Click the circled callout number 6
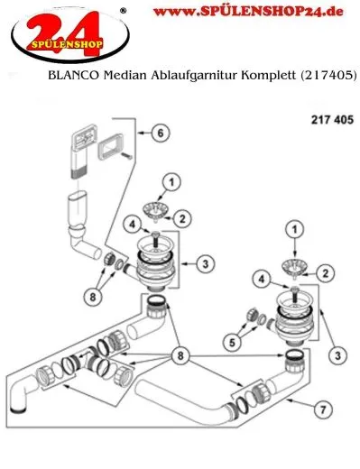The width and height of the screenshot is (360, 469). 160,133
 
